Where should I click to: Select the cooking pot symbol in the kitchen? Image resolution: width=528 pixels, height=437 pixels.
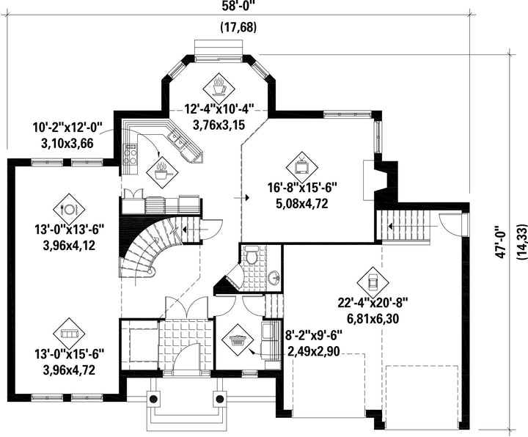coord(162,172)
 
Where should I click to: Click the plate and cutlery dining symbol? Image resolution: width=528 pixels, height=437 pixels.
coord(69,210)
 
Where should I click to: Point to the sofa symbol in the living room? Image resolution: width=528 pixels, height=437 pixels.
coord(69,334)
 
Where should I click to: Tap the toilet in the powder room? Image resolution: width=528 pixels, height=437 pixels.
coord(251,256)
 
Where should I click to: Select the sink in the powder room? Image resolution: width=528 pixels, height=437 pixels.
coord(274,279)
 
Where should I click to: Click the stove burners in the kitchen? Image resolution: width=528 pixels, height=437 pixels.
coord(131,155)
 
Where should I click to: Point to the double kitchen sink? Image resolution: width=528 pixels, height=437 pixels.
coord(177,140)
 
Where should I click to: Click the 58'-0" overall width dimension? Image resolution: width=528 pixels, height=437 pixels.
coord(238,6)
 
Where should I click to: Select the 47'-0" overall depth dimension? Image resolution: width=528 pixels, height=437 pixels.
coord(502,241)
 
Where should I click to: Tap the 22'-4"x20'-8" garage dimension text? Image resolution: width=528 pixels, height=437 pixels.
coord(373,302)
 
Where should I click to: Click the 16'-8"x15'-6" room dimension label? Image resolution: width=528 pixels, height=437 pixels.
coord(302,187)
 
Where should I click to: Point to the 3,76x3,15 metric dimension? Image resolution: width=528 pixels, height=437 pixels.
coord(219,125)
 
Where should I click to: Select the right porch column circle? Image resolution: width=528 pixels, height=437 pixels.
coord(220,399)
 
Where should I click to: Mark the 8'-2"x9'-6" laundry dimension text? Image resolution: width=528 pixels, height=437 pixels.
coord(315,335)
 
